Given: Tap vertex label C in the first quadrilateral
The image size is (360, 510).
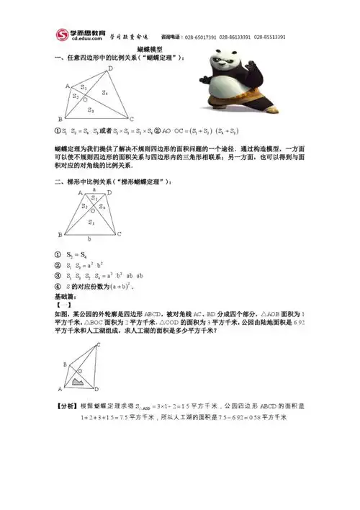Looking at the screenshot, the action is (x=132, y=118).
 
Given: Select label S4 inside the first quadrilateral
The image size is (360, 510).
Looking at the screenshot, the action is (x=105, y=93).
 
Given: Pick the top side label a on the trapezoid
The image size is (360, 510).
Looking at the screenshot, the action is (x=94, y=189).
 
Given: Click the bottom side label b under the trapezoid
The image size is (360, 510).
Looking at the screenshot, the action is (x=89, y=240).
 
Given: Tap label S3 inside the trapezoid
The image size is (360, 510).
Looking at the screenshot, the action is (x=90, y=223).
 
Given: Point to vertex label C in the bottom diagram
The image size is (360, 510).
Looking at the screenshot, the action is (x=99, y=345).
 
